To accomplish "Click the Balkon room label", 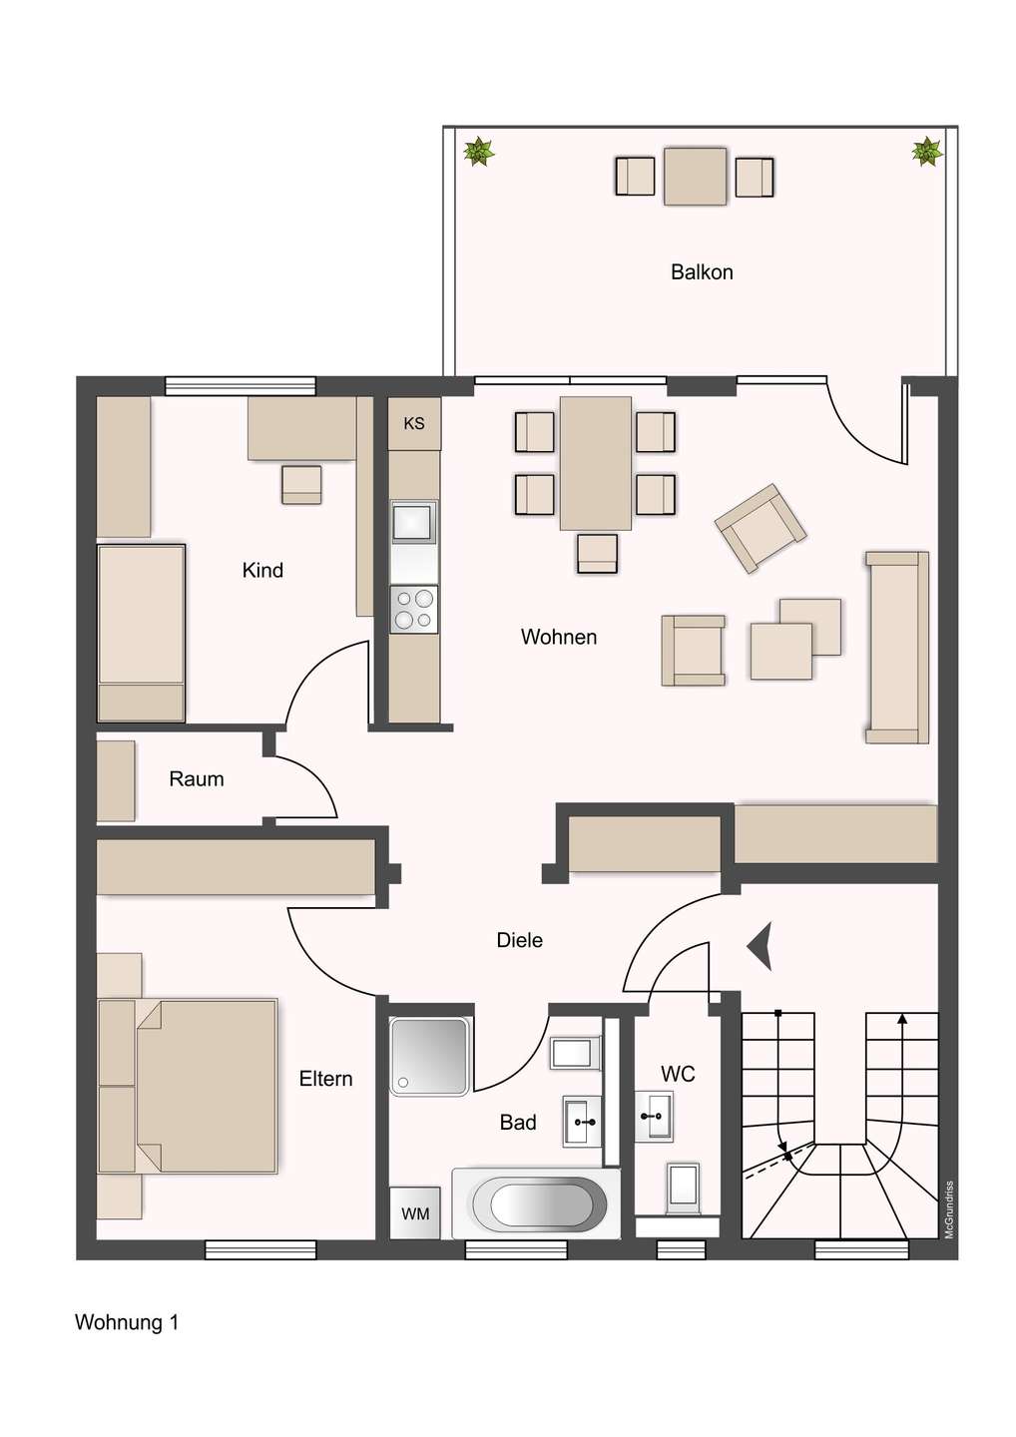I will click(702, 272).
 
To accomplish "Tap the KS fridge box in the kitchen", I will click(414, 423).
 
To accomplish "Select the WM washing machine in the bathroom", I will click(415, 1213).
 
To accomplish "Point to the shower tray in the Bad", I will click(429, 1055).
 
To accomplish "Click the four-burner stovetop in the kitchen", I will click(413, 609).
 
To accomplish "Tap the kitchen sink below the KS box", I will click(413, 522).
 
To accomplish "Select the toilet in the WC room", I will click(684, 1187).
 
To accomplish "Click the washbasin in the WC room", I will click(655, 1115).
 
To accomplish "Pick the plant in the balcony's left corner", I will click(479, 152).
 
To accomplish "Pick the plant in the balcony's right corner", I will click(927, 152).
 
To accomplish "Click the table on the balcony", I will click(695, 177).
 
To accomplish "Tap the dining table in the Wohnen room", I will click(595, 463).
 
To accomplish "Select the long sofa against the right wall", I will click(896, 647).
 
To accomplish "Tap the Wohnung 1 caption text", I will click(127, 1322).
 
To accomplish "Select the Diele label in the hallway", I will click(520, 940).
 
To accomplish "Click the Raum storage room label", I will click(197, 779).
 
